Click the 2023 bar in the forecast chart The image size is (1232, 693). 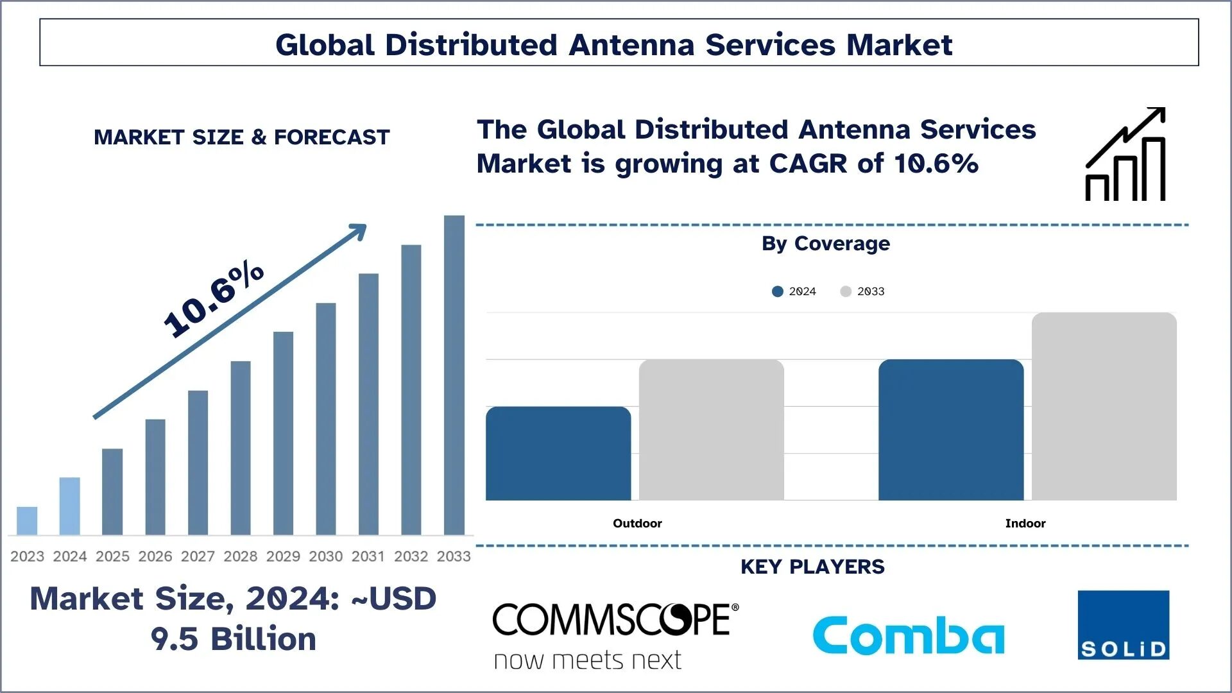coord(27,520)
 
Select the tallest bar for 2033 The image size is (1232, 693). coord(454,375)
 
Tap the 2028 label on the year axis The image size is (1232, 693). coord(241,556)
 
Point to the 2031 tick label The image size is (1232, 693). coord(368,556)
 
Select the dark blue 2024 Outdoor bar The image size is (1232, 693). coord(558,453)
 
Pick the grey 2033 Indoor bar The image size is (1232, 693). coord(1104,406)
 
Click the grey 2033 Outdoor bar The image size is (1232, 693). coord(711,430)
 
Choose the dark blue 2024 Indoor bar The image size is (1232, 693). coord(951,430)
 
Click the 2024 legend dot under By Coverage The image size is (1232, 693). coord(778,291)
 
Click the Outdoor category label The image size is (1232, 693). coord(637,524)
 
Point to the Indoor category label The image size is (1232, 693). coord(1025,524)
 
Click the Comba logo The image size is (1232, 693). coord(908,635)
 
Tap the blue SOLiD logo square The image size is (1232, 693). coord(1123,625)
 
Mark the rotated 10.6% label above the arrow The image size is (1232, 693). coord(214,299)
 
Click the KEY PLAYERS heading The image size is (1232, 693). coord(812,567)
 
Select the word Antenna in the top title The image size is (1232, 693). coord(631,45)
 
